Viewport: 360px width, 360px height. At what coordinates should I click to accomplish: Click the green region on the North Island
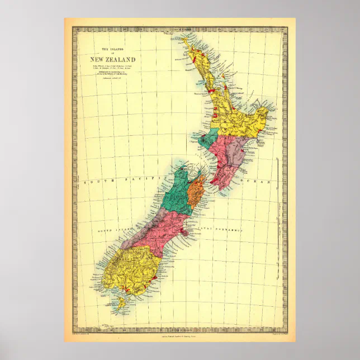point(211,138)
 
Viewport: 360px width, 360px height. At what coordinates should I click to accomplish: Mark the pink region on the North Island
point(224,162)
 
